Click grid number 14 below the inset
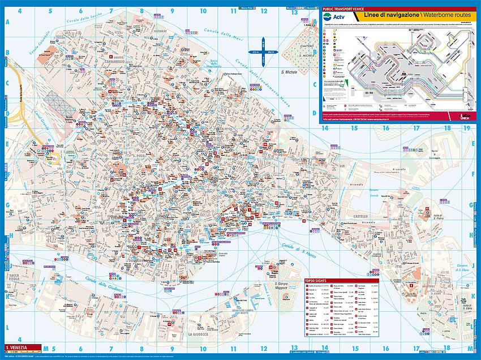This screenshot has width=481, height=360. coord(325,128)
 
